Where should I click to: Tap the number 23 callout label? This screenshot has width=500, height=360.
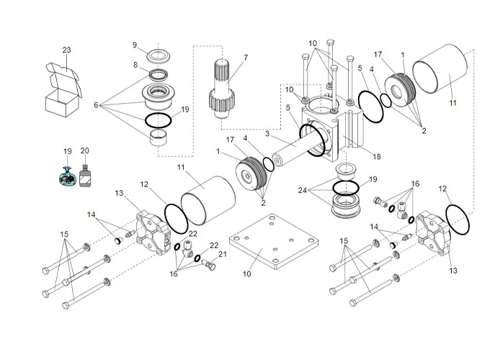[66, 50]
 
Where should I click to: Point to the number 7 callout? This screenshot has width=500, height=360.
[245, 58]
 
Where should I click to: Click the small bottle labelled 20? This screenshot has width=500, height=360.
[85, 176]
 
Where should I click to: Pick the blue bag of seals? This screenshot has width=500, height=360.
[68, 176]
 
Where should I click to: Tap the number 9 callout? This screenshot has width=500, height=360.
[134, 45]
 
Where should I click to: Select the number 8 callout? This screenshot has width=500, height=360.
[134, 65]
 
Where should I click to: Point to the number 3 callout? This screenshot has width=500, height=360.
[267, 133]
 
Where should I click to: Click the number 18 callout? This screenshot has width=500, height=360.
[375, 156]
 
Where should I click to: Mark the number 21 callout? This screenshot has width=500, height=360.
[223, 254]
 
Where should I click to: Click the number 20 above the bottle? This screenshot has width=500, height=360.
[85, 151]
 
